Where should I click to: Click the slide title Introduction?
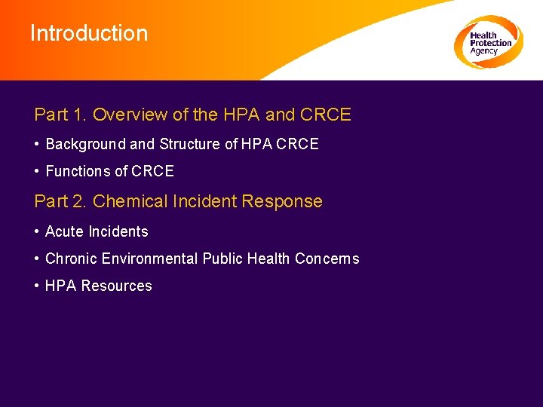pos(89,33)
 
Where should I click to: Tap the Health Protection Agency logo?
pos(488,42)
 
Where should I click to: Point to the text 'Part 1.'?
pos(60,115)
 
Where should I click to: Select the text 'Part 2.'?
pos(60,201)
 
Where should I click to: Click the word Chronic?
pos(72,259)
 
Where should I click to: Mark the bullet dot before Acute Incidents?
pos(37,231)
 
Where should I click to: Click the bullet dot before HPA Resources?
pos(37,286)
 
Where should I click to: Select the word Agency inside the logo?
pos(483,51)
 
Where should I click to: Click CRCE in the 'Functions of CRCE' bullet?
pos(152,171)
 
